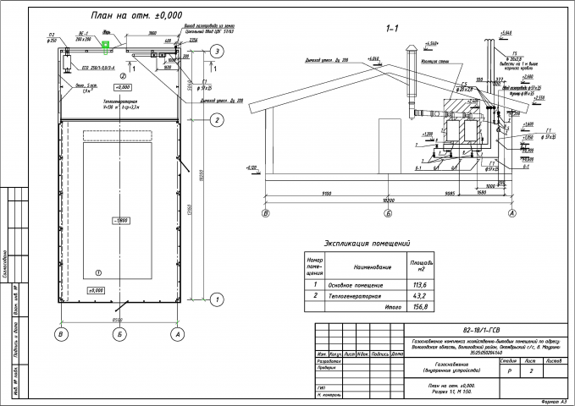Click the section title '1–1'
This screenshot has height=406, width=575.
click(x=391, y=30)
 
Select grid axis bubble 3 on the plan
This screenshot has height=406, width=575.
click(x=218, y=52)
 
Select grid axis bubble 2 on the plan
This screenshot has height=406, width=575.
click(x=218, y=120)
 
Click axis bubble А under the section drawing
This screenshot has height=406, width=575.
click(x=511, y=215)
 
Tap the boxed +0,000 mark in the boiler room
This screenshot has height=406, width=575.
click(x=121, y=87)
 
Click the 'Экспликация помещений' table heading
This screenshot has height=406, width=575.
click(x=362, y=243)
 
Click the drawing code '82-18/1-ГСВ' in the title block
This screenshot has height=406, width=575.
click(x=479, y=331)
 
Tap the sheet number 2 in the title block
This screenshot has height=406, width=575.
click(x=531, y=370)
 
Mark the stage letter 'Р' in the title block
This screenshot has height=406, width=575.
click(x=508, y=370)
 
